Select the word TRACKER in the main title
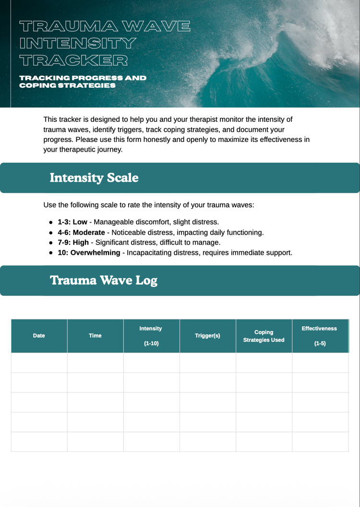(x=74, y=60)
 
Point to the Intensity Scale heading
(x=94, y=178)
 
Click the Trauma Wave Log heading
(x=104, y=281)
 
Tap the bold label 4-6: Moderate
(x=81, y=233)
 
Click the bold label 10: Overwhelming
(x=89, y=253)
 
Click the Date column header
(x=39, y=336)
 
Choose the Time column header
(x=95, y=336)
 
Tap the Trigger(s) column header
(x=207, y=336)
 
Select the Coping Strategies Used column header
(x=264, y=336)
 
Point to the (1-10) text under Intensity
(x=151, y=344)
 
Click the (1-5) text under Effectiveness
(x=320, y=344)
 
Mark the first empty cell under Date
(x=39, y=363)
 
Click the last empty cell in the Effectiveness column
(x=320, y=442)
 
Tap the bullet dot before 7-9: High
(x=51, y=243)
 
